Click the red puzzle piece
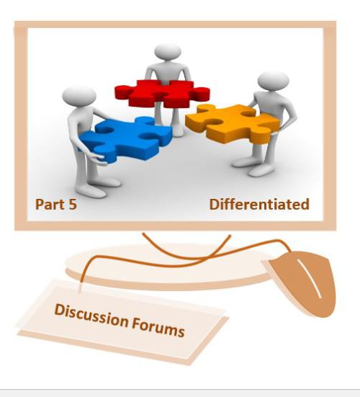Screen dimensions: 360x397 tap(162, 93)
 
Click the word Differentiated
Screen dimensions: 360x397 tap(259, 205)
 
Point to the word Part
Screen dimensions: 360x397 tap(48, 205)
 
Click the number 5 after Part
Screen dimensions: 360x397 tap(72, 205)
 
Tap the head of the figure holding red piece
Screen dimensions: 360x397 tap(168, 52)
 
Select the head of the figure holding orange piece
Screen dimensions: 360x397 tap(273, 81)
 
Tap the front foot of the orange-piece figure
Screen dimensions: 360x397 tap(261, 171)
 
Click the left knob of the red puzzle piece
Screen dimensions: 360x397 tap(122, 92)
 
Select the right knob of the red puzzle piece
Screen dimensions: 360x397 tap(202, 93)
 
